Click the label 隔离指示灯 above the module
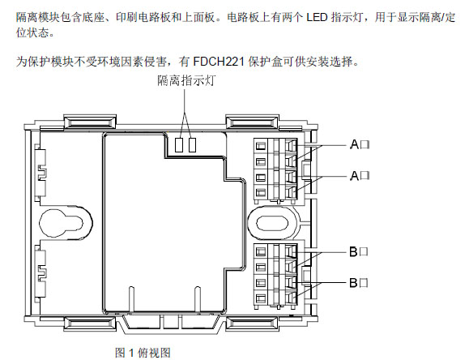tap(186, 80)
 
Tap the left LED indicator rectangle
tap(178, 144)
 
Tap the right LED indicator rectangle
tap(192, 144)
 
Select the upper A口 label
tap(360, 144)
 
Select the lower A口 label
tap(360, 175)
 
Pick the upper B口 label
tap(359, 251)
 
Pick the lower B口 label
tap(359, 282)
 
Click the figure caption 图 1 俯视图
tap(143, 353)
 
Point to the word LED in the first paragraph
tap(317, 17)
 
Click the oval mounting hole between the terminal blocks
tap(272, 223)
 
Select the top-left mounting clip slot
tap(90, 122)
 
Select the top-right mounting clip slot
tap(252, 122)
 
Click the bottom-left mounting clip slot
tap(90, 324)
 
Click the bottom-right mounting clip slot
tap(252, 324)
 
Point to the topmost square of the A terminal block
tap(261, 146)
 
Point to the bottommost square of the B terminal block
tap(261, 298)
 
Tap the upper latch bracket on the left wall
tap(41, 173)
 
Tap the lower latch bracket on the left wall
tap(41, 273)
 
